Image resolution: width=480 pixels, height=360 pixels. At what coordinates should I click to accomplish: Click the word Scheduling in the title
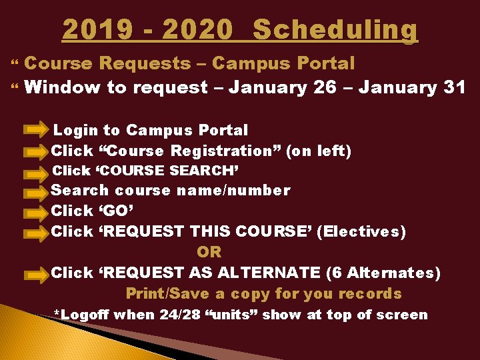[x=335, y=30]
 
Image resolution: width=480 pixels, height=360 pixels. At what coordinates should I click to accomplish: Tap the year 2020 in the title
[x=197, y=30]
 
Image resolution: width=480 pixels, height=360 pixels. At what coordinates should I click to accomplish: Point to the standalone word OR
[x=209, y=252]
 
